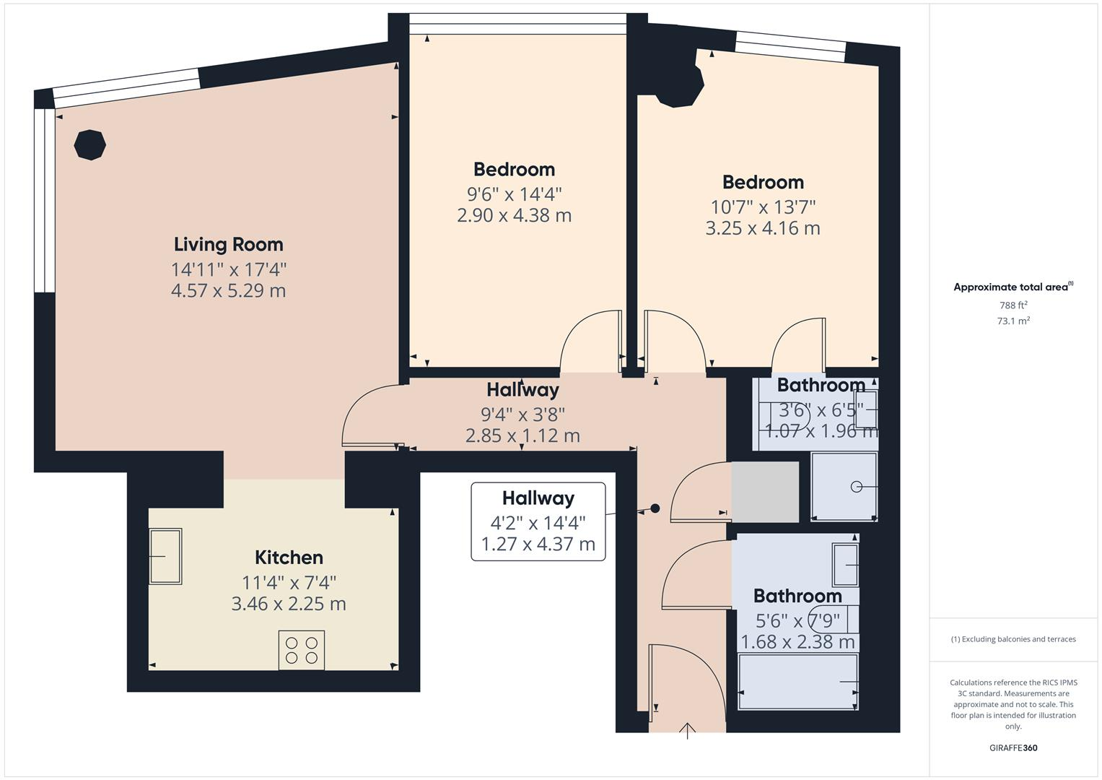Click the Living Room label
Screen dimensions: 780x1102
pos(228,244)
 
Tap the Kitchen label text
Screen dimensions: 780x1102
pos(289,558)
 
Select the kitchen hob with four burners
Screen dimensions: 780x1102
pos(302,650)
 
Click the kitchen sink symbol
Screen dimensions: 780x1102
pos(165,556)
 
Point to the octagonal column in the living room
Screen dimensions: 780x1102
pos(90,144)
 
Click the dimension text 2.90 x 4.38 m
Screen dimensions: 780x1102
pos(514,215)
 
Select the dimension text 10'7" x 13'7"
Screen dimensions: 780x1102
pos(763,207)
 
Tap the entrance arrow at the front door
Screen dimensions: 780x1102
pos(687,731)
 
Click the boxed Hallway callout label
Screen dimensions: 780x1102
pos(538,498)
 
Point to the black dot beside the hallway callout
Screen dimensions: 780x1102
pos(655,508)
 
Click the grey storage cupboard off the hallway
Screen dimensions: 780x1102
pos(765,492)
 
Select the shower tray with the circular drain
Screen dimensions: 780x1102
pos(844,486)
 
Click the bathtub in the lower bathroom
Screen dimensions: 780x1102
pos(798,682)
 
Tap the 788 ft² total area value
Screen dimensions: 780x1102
pos(1013,305)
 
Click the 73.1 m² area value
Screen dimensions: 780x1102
pos(1013,321)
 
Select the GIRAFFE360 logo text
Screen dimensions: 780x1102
pos(1013,747)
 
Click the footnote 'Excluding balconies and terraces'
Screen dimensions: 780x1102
pos(1013,639)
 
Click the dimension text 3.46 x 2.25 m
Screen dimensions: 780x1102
pos(289,604)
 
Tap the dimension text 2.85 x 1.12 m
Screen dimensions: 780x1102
pos(522,435)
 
